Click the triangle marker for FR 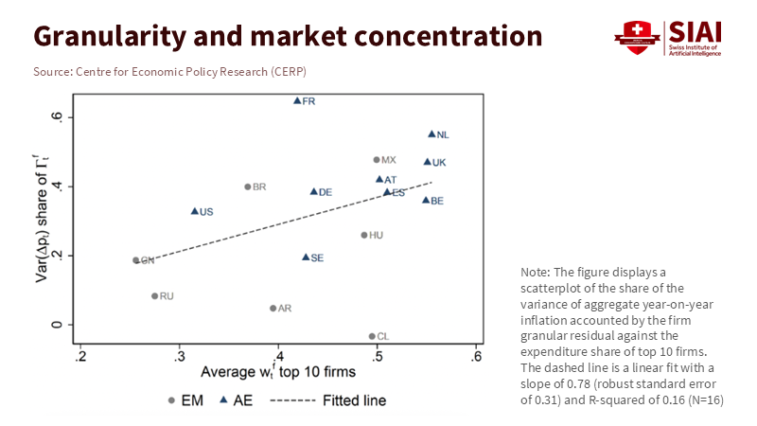297,100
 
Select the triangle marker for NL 431,134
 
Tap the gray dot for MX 377,160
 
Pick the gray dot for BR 248,186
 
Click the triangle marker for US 195,211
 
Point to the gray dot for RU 155,296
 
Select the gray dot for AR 273,308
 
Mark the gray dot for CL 372,336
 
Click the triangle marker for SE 306,257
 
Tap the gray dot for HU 364,235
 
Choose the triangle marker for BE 426,200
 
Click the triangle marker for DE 314,191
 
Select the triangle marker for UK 428,162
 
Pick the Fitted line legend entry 327,400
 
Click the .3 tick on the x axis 180,356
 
